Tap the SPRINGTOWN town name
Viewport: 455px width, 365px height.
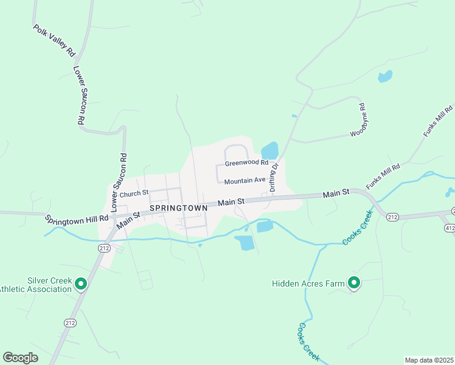(178, 207)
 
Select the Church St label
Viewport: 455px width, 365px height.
(134, 193)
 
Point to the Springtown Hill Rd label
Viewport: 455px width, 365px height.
(76, 217)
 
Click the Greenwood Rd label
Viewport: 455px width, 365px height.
(246, 163)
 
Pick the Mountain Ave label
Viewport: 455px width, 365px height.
(245, 181)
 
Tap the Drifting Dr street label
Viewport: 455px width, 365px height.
(274, 177)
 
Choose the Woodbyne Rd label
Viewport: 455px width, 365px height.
(359, 121)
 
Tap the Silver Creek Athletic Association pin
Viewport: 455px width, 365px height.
(80, 284)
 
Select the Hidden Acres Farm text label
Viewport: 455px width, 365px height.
(307, 283)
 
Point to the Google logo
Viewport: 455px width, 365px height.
(20, 358)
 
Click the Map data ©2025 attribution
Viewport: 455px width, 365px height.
(429, 360)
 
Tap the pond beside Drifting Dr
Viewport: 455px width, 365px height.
(269, 150)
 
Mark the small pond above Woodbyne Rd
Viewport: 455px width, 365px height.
(384, 77)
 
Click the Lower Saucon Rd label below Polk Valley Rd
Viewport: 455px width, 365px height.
(79, 96)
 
